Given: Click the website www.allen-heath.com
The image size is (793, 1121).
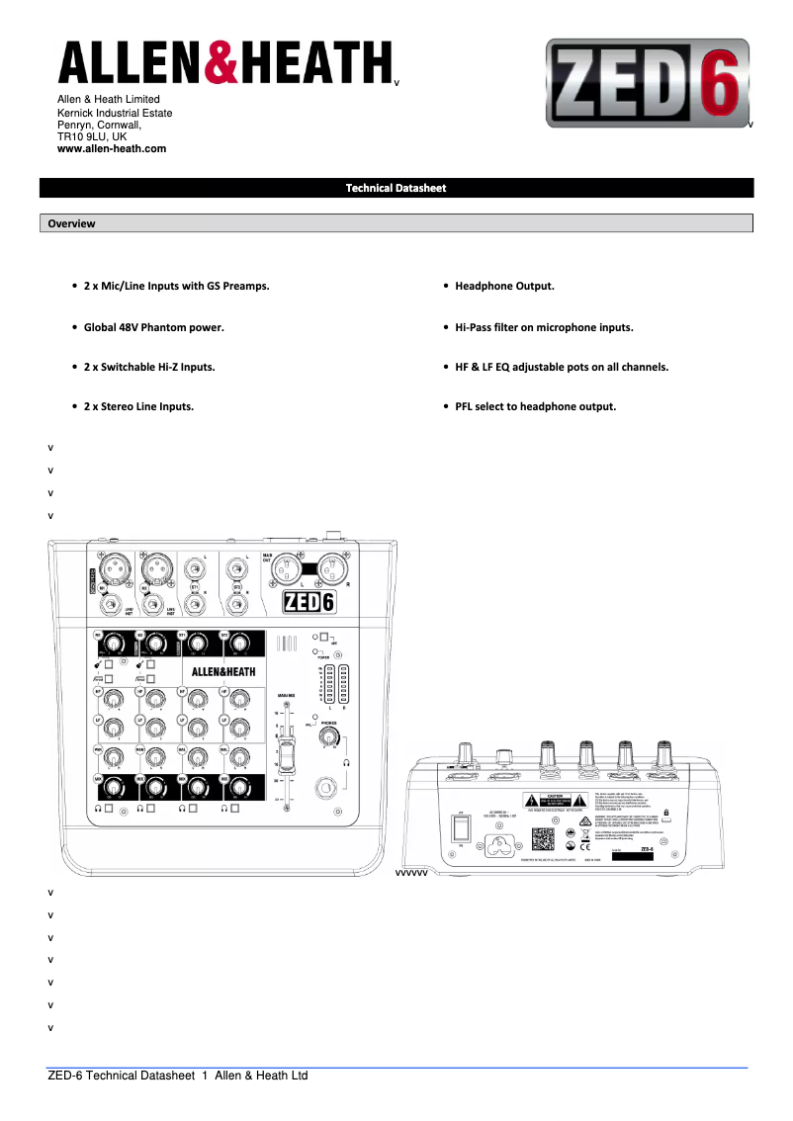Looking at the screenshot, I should click(112, 148).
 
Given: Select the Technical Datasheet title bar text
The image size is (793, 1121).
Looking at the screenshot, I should click(396, 188).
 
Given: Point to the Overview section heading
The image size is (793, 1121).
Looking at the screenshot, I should click(71, 223).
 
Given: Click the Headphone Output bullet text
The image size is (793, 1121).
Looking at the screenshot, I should click(504, 286).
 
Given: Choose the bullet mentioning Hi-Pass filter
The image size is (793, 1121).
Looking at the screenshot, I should click(544, 326).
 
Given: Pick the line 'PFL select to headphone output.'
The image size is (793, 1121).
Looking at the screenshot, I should click(535, 406).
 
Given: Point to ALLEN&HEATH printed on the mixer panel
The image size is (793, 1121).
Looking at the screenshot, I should click(223, 671).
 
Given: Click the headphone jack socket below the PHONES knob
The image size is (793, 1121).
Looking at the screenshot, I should click(324, 789).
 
